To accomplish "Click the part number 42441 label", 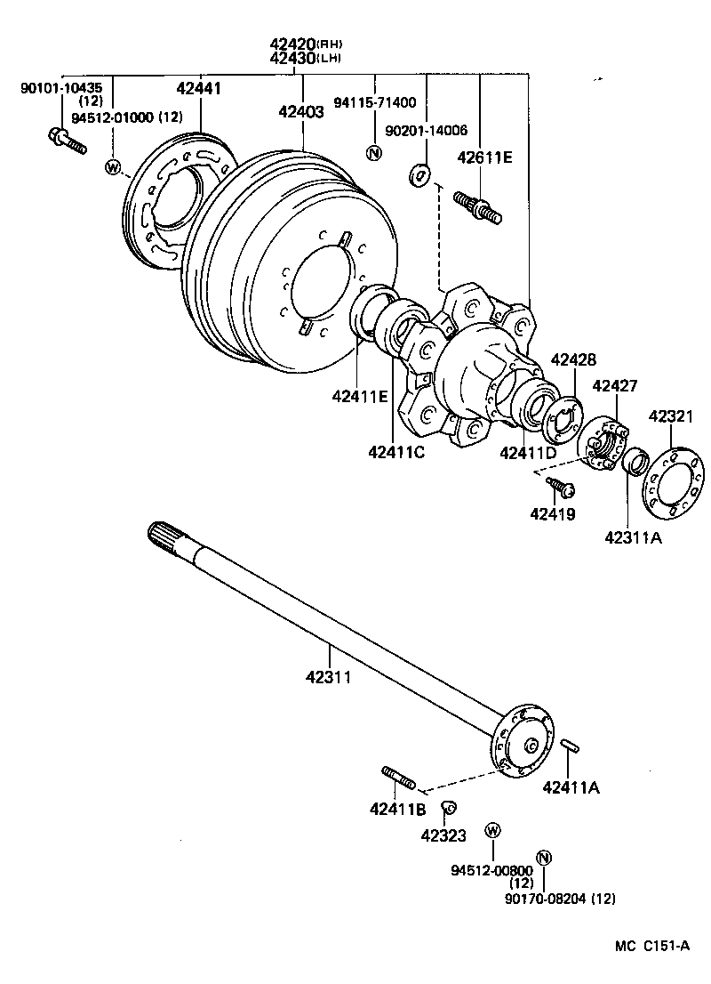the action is pos(199,88).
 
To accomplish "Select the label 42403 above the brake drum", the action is pos(301,112).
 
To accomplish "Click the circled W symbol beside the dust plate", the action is pos(113,167).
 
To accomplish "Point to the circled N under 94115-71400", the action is pos(373,152).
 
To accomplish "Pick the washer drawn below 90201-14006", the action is pos(419,175).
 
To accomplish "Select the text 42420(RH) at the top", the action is pos(308,44).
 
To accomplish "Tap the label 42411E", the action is pos(361,396).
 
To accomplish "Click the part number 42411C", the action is pos(396,451).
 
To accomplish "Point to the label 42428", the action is pos(574,359).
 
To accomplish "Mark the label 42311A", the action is pos(634,537).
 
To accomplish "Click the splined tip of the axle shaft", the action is pos(164,536).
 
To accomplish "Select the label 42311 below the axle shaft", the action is pos(329,677).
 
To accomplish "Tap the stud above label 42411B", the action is pos(398,778).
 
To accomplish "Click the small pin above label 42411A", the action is pos(570,746).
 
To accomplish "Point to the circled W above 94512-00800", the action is pos(493,830).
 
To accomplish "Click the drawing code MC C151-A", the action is pos(652,946).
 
